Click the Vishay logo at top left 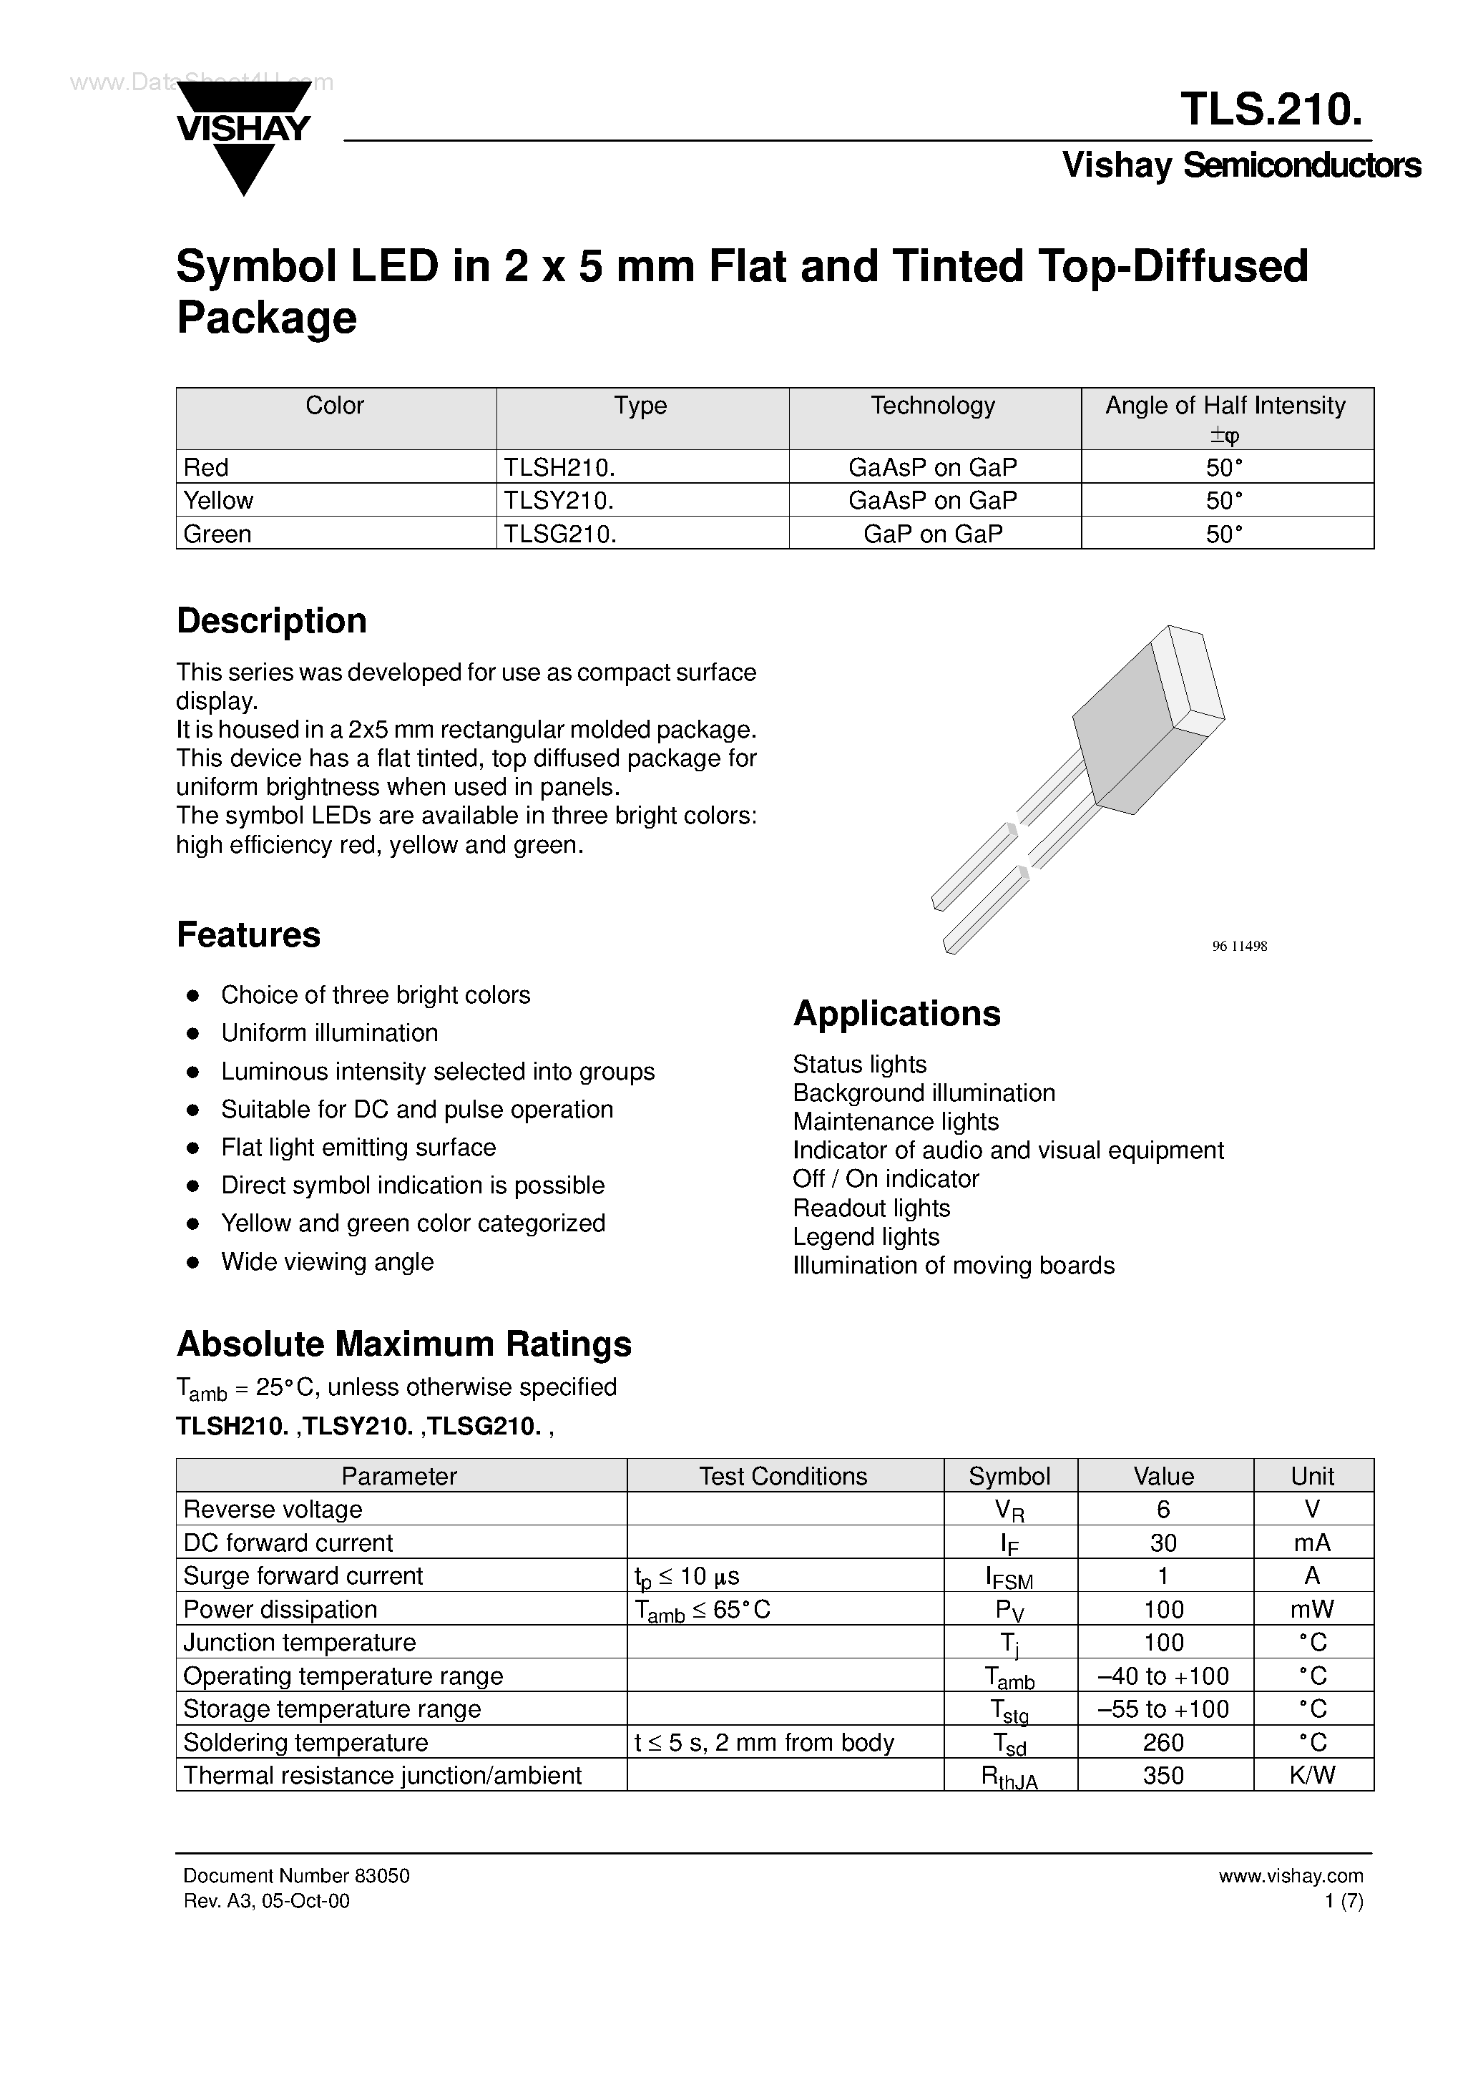pos(243,137)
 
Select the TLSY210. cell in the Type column pos(559,500)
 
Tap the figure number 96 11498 pos(1239,946)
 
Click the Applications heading pos(896,1014)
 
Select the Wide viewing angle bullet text pos(327,1262)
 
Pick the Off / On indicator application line pos(886,1179)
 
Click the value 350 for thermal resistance pos(1164,1776)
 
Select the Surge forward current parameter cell pos(303,1576)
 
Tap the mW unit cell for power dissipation pos(1312,1610)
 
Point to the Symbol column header pos(1009,1476)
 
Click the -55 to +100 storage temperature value pos(1164,1709)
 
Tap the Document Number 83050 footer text pos(296,1876)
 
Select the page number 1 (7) pos(1344,1901)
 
